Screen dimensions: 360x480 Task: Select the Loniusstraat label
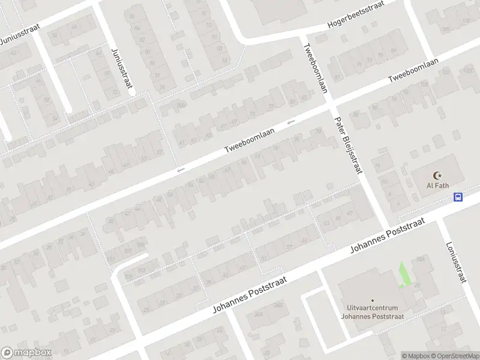[457, 262]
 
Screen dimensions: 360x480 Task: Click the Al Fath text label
[437, 186]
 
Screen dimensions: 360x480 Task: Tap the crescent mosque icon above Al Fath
[437, 176]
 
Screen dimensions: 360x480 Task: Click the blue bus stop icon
[458, 197]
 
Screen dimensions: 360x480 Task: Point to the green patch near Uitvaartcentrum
[406, 275]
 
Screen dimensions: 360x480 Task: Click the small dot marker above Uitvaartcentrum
[372, 301]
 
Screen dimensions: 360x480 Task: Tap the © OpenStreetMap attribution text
[455, 356]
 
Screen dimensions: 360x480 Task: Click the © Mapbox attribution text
[416, 356]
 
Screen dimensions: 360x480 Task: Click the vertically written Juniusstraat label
[121, 68]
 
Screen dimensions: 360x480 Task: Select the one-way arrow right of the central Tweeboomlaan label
[291, 123]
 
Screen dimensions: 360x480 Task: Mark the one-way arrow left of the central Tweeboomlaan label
[181, 171]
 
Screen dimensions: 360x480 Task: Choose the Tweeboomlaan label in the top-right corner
[414, 71]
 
